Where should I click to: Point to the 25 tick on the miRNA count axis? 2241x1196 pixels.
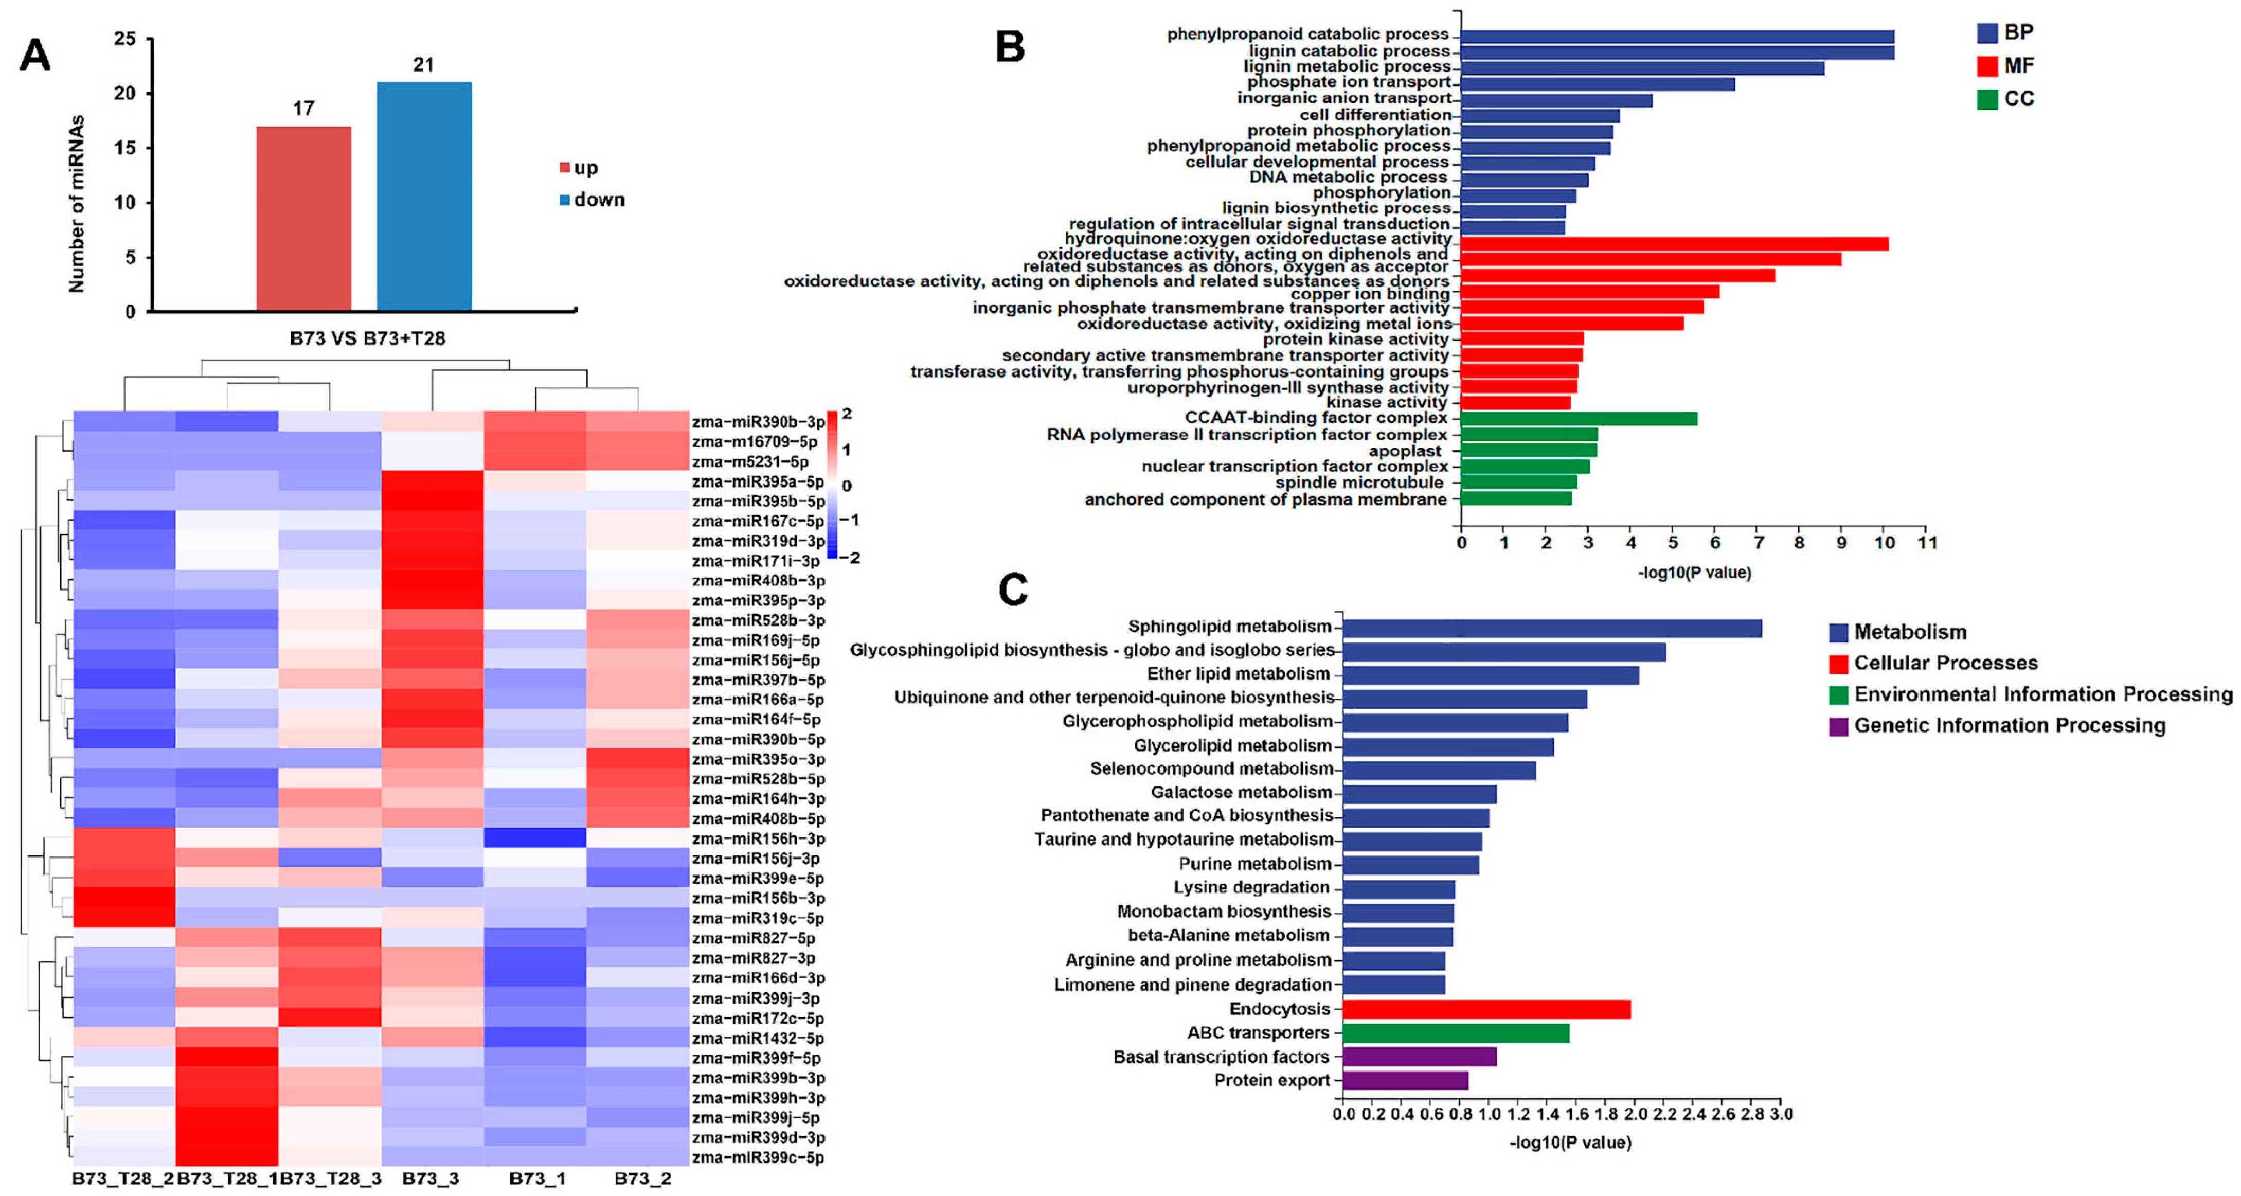point(126,39)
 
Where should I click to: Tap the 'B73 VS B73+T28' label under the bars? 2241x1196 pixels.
point(367,338)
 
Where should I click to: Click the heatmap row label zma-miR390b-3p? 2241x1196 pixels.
point(758,422)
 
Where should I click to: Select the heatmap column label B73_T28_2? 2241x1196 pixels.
point(122,1179)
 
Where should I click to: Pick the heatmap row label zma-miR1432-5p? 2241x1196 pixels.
point(758,1039)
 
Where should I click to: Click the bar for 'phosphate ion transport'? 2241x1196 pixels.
point(1597,84)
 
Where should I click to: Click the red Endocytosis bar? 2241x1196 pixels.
point(1486,1009)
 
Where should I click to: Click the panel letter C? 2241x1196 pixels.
point(1013,590)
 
